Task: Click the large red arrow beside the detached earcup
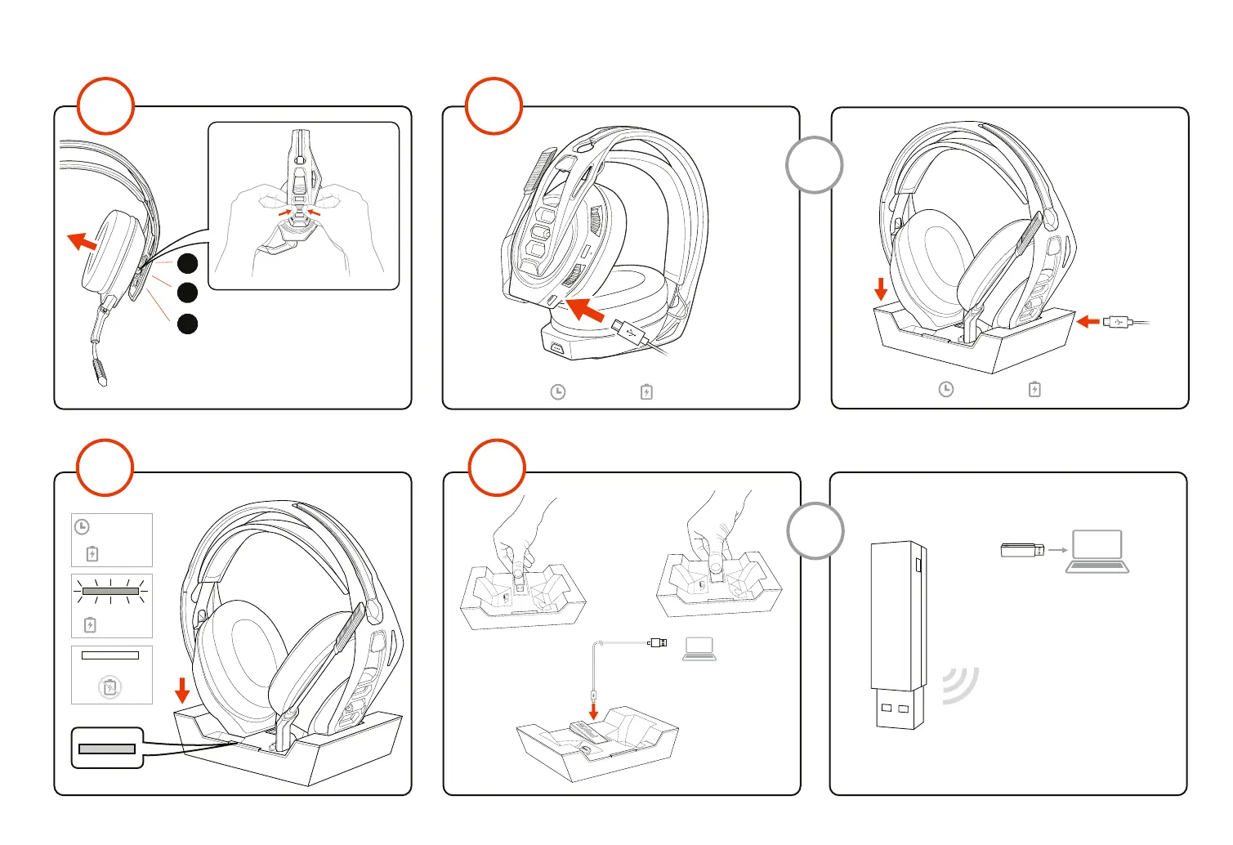tap(81, 242)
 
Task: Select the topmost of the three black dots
tap(188, 263)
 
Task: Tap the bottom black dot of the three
tap(188, 324)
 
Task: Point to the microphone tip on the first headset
tap(100, 374)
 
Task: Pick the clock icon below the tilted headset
tap(558, 392)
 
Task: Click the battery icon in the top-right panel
tap(1034, 389)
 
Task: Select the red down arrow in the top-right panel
tap(881, 288)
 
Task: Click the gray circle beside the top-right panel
tap(814, 165)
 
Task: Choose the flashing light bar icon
tap(110, 591)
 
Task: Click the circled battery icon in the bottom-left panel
tap(110, 687)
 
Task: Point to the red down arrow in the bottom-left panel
tap(182, 690)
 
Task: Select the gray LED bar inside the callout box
tap(107, 749)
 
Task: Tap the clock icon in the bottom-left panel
tap(82, 527)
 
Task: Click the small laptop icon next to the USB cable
tap(699, 648)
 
